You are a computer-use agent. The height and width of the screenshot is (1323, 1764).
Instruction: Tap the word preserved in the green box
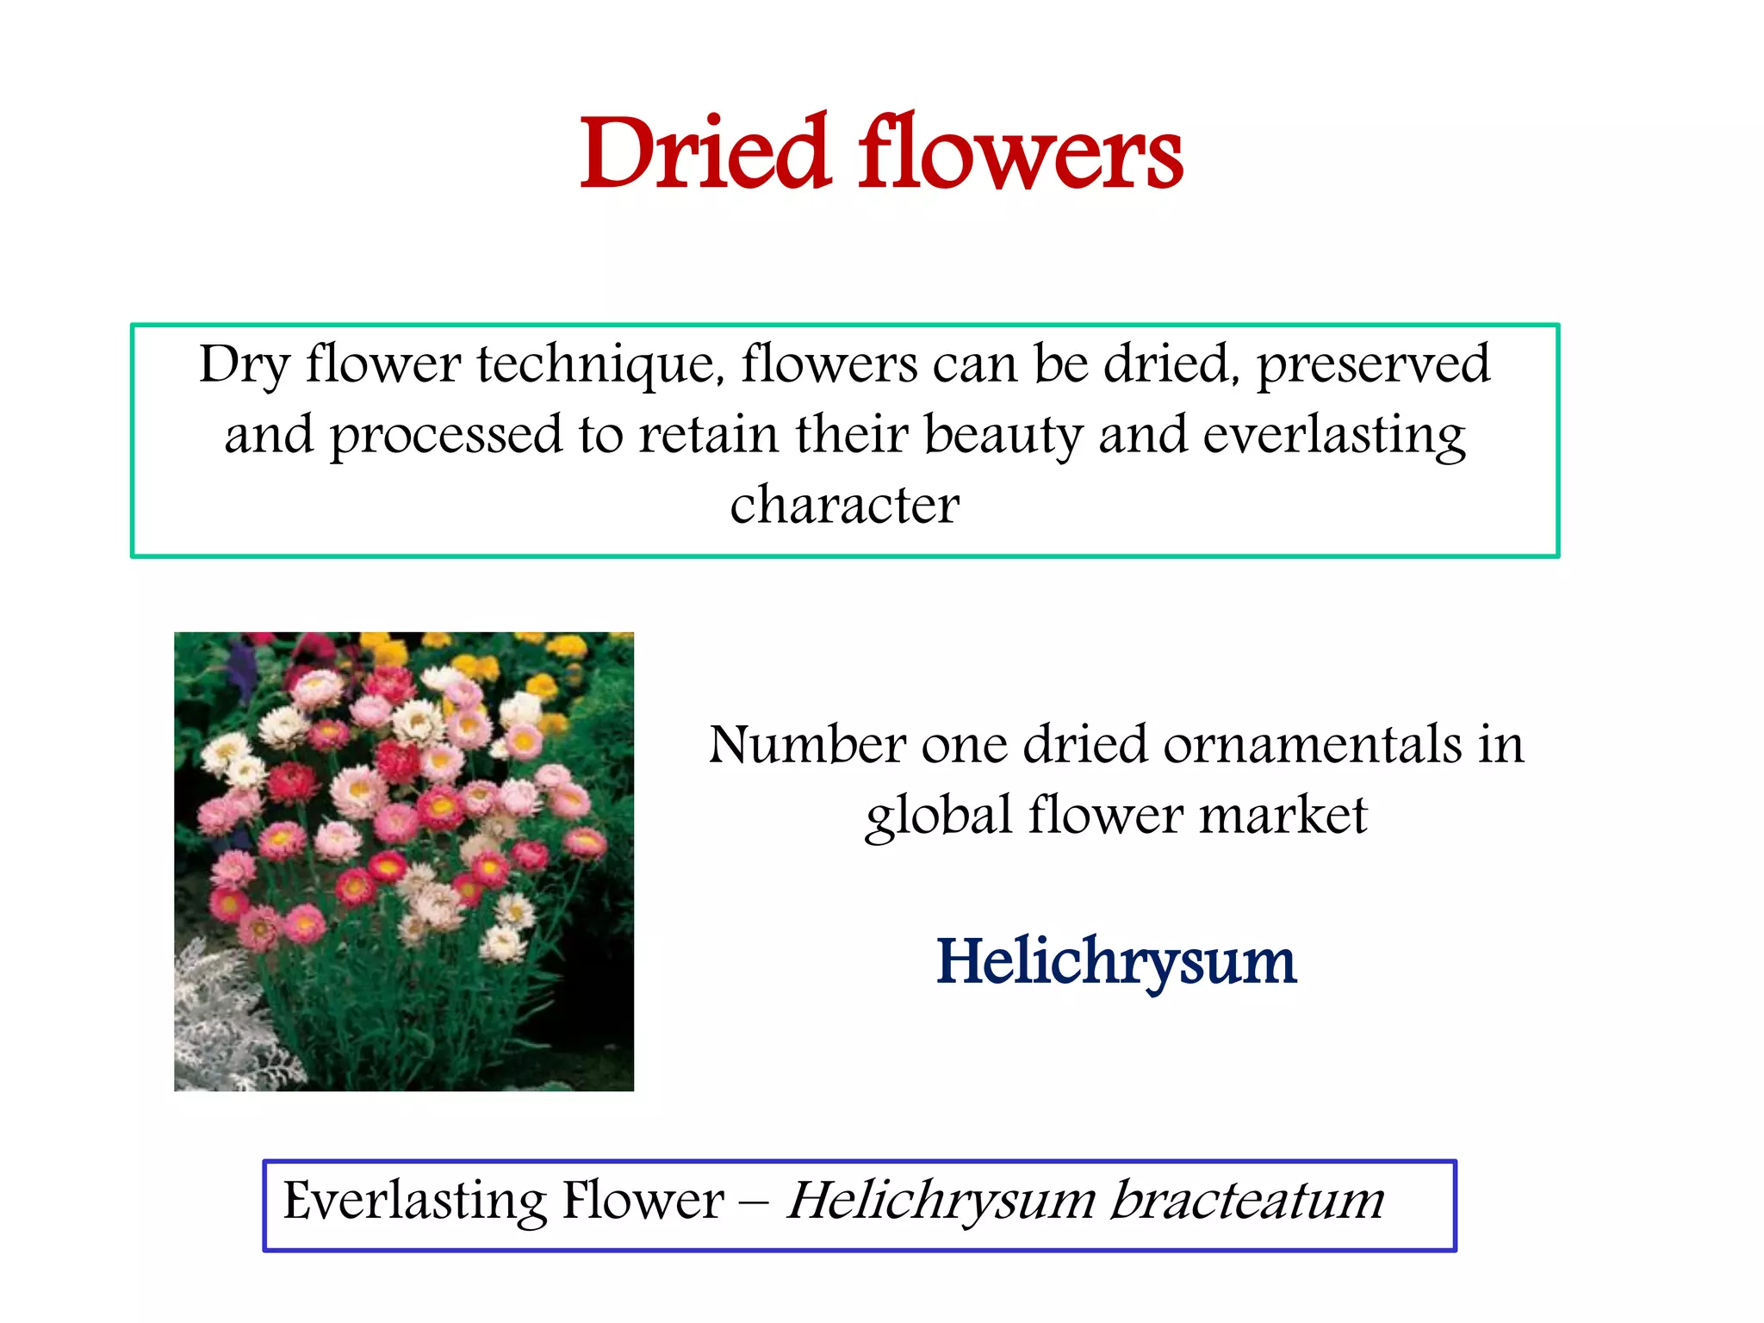coord(1373,365)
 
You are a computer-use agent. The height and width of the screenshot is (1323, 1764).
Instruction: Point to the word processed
coord(446,436)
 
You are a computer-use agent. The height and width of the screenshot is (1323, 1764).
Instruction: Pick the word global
coord(939,816)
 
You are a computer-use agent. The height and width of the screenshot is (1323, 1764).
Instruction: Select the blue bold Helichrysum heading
coord(1115,962)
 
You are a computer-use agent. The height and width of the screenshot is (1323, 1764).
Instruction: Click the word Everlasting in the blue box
coord(414,1202)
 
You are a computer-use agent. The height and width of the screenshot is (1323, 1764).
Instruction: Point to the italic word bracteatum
coord(1246,1202)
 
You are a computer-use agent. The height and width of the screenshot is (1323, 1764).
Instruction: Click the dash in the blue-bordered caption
coord(754,1204)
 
